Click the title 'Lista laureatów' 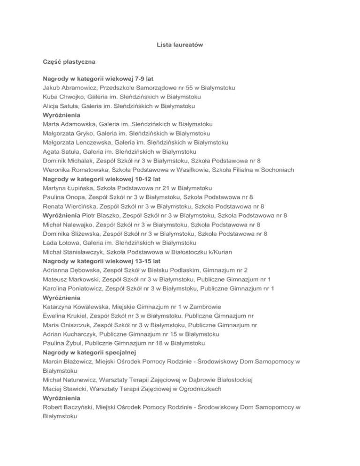pyautogui.click(x=180, y=45)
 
